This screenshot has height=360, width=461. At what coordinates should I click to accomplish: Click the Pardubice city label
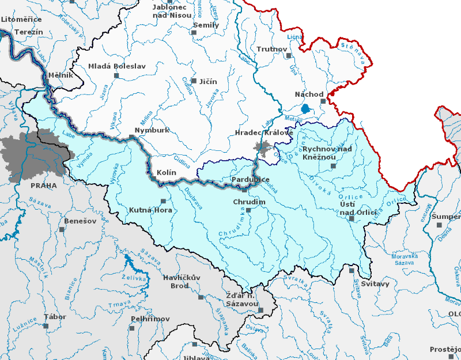click(250, 180)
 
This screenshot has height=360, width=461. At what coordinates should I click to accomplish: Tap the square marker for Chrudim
click(248, 210)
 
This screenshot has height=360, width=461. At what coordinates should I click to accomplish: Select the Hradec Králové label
click(264, 133)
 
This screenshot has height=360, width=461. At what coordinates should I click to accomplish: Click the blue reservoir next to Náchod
click(305, 108)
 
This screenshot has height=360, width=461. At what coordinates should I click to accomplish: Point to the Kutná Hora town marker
click(163, 201)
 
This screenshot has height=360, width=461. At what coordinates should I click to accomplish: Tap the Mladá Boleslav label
click(116, 66)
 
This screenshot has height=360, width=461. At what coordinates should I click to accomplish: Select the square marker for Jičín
click(194, 81)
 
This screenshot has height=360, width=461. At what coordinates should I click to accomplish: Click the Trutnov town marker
click(289, 56)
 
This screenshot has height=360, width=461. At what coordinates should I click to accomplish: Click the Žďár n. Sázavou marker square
click(260, 310)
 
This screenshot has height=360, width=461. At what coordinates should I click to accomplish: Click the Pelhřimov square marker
click(132, 328)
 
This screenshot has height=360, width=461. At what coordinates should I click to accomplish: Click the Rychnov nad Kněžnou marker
click(332, 166)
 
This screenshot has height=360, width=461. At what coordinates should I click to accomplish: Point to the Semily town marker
click(194, 33)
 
